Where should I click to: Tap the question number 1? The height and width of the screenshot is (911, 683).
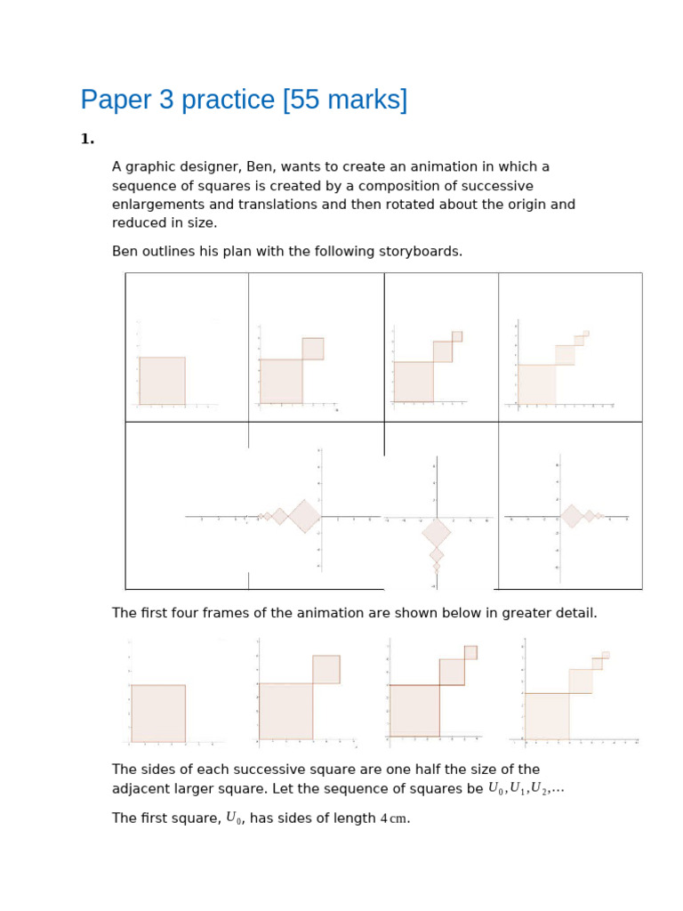coord(86,139)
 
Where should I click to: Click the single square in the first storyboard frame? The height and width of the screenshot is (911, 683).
coord(162,381)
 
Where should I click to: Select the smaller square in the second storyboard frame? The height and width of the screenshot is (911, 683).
coord(313,348)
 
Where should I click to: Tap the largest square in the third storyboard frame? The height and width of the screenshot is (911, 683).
coord(414,382)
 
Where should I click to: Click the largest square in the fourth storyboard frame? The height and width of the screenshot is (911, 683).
coord(537,384)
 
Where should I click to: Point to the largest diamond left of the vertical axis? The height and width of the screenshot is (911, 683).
coord(304,516)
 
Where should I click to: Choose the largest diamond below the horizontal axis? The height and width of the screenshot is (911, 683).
coord(436,533)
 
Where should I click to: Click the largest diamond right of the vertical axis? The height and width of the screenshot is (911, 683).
coord(572,516)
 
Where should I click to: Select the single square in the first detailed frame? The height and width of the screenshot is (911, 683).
coord(158,713)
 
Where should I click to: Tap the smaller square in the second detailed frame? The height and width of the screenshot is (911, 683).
coord(326,669)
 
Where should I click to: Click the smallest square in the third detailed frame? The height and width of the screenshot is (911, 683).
coord(470,652)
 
